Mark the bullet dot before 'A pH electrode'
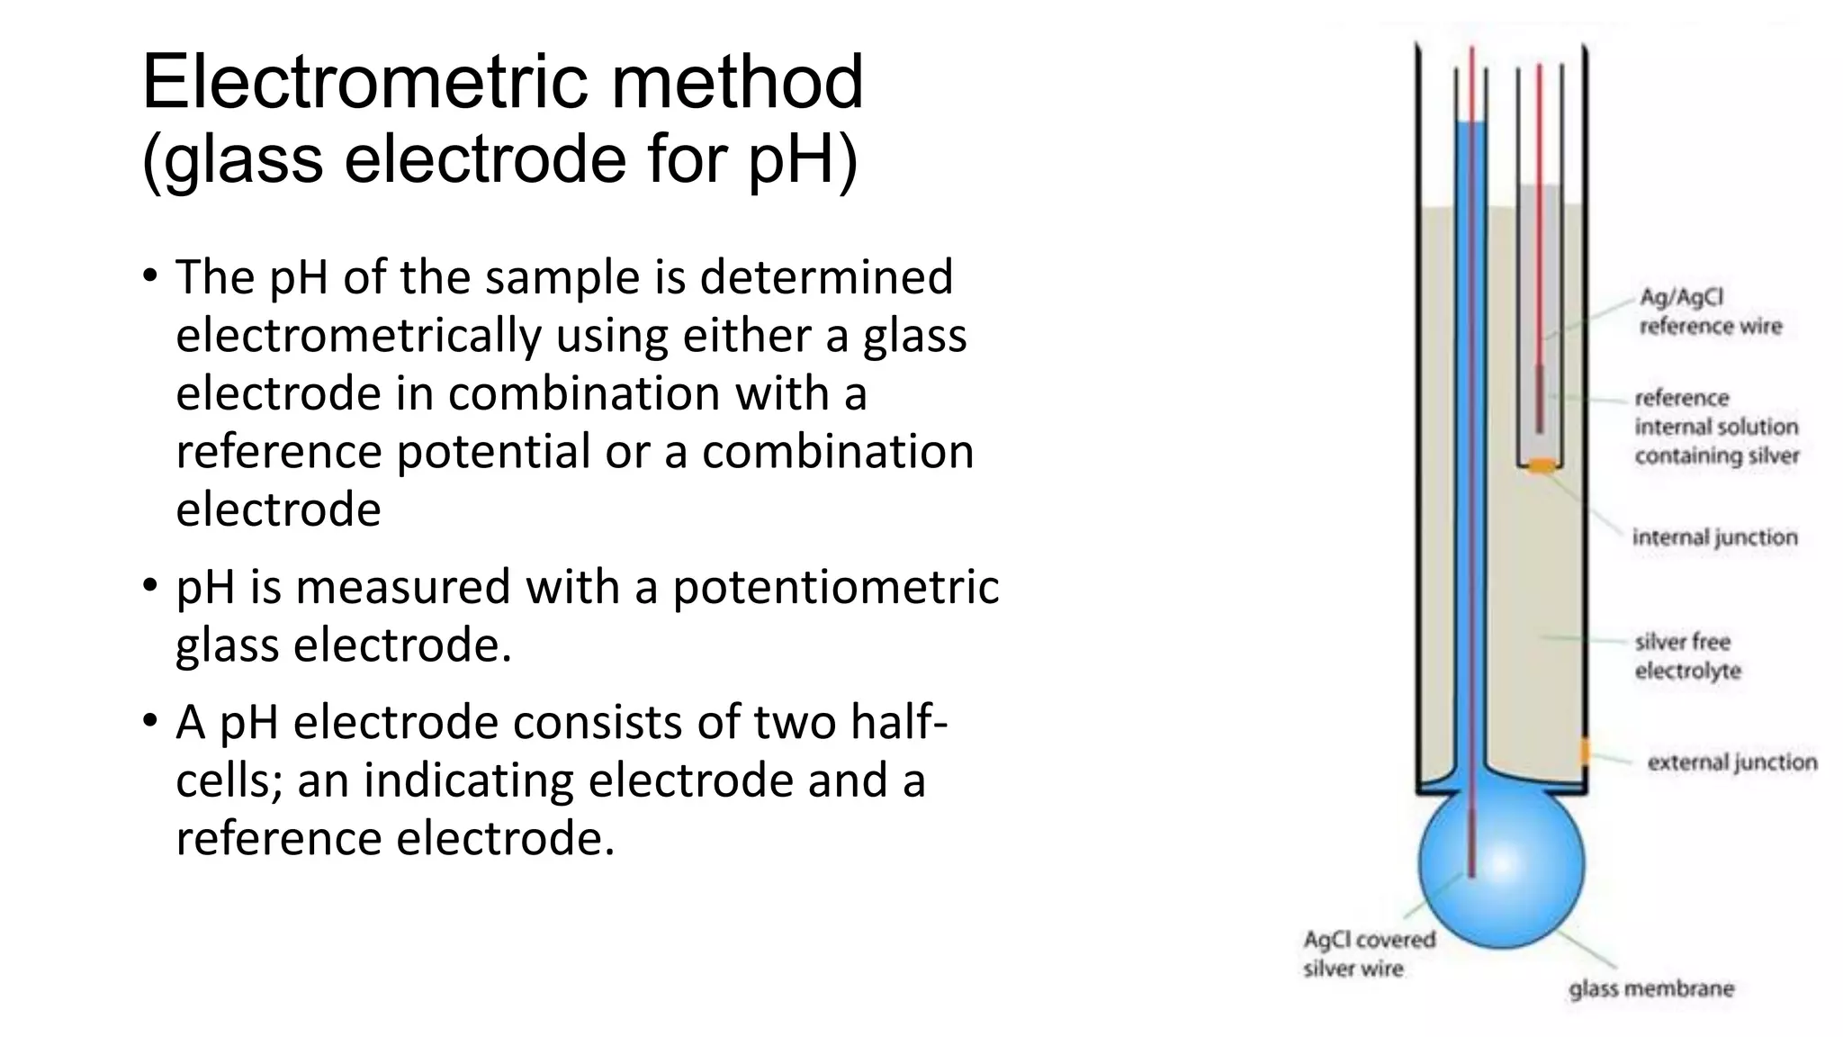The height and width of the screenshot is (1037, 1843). coord(149,721)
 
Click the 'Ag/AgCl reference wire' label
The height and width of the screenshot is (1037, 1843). coord(1710,311)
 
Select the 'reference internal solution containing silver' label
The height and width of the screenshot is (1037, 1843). coord(1716,427)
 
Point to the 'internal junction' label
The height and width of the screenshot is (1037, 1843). coord(1714,537)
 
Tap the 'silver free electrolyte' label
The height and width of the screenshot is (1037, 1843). coord(1687,656)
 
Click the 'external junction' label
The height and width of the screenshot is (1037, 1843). coord(1731,762)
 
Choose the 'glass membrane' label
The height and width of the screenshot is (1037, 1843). coord(1650,988)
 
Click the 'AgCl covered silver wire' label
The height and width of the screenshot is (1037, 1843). coord(1369,954)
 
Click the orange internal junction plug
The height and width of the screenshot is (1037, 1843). coord(1542,465)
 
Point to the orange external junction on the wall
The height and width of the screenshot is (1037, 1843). coord(1585,751)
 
